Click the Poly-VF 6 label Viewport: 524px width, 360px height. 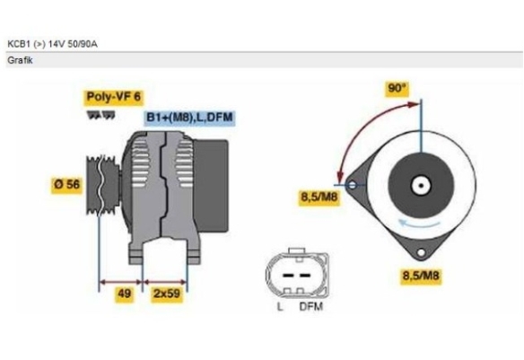tap(114, 97)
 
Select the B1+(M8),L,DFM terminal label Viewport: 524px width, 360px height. tap(189, 118)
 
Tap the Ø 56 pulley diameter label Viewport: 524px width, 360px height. tap(66, 185)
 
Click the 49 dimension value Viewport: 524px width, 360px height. tap(125, 294)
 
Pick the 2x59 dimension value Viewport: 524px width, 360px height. tap(167, 294)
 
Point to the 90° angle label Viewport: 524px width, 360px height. tap(397, 88)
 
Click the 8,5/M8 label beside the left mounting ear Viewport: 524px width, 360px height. tap(319, 198)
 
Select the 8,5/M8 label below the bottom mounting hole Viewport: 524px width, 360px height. tap(421, 277)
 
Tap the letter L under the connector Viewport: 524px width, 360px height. tap(280, 306)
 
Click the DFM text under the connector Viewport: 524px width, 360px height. tap(311, 306)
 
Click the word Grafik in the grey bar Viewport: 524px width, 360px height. tap(20, 60)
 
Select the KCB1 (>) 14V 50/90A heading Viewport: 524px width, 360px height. tap(52, 44)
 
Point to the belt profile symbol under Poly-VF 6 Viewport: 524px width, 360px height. tap(100, 115)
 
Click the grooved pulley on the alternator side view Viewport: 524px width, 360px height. tap(102, 186)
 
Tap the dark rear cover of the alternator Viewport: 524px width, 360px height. tap(211, 186)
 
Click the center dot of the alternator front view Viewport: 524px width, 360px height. tap(421, 186)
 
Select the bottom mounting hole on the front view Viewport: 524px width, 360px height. tap(421, 252)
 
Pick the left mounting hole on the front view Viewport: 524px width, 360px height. tap(353, 185)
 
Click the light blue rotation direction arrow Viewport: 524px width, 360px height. tap(419, 223)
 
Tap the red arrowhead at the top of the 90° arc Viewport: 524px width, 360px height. tap(413, 105)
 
